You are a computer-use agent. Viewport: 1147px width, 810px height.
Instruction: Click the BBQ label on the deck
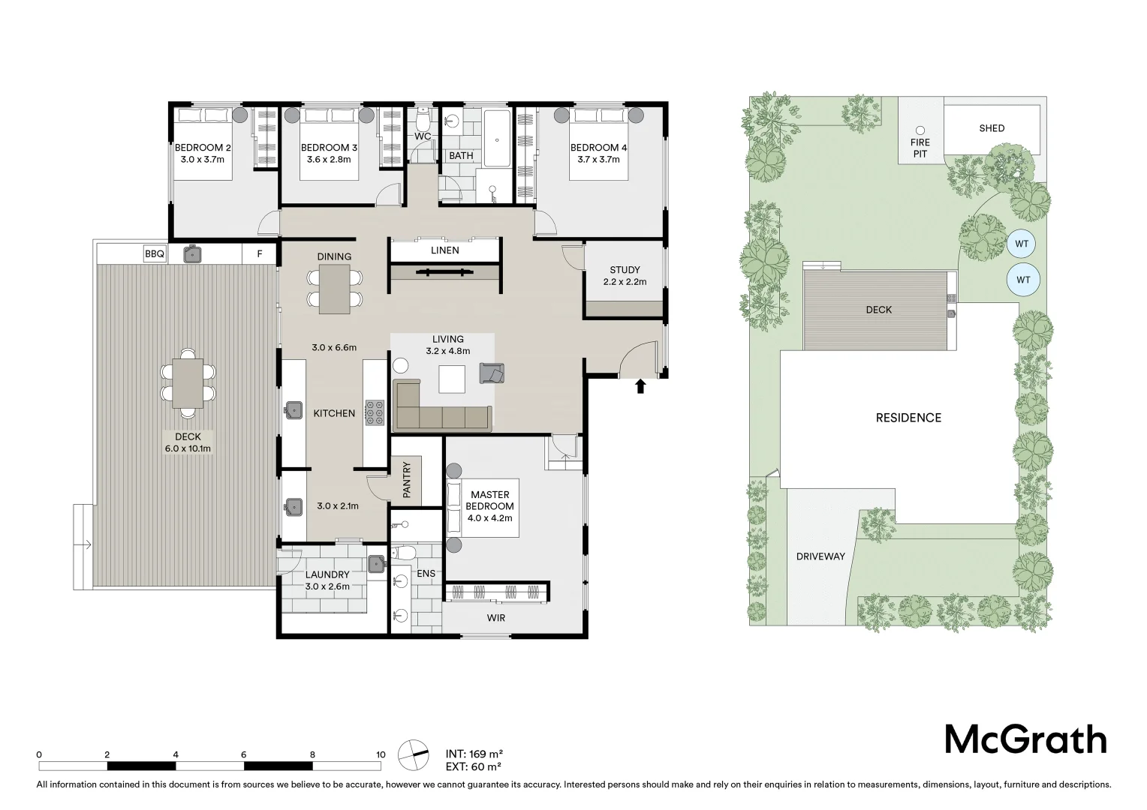pyautogui.click(x=154, y=253)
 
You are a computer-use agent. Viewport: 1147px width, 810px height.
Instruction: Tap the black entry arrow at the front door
pyautogui.click(x=640, y=386)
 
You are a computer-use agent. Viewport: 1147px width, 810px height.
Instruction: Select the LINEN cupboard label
pyautogui.click(x=444, y=250)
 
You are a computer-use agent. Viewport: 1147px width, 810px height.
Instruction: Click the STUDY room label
pyautogui.click(x=625, y=270)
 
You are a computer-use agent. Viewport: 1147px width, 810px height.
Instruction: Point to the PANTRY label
pyautogui.click(x=407, y=479)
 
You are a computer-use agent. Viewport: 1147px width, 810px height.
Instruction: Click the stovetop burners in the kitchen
pyautogui.click(x=375, y=413)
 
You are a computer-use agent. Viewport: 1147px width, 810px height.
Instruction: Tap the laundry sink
pyautogui.click(x=376, y=564)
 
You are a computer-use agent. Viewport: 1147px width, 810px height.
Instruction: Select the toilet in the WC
pyautogui.click(x=423, y=121)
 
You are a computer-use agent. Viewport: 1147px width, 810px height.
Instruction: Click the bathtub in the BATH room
pyautogui.click(x=497, y=138)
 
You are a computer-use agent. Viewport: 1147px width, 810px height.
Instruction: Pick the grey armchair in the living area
pyautogui.click(x=492, y=373)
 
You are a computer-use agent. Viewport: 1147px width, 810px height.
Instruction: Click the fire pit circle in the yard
pyautogui.click(x=920, y=130)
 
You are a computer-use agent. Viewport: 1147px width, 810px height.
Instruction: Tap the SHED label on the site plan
pyautogui.click(x=992, y=128)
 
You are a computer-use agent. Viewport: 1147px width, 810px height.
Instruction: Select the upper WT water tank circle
pyautogui.click(x=1022, y=244)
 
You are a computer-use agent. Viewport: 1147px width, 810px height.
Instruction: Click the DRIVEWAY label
pyautogui.click(x=820, y=556)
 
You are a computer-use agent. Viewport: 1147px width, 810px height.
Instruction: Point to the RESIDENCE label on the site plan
pyautogui.click(x=908, y=418)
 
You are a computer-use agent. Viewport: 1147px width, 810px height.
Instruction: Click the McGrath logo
pyautogui.click(x=1025, y=739)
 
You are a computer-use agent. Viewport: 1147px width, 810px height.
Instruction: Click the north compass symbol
pyautogui.click(x=413, y=754)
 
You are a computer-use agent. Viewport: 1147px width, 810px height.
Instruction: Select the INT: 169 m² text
pyautogui.click(x=474, y=754)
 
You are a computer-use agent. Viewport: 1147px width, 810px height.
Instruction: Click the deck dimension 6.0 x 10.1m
pyautogui.click(x=188, y=448)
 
